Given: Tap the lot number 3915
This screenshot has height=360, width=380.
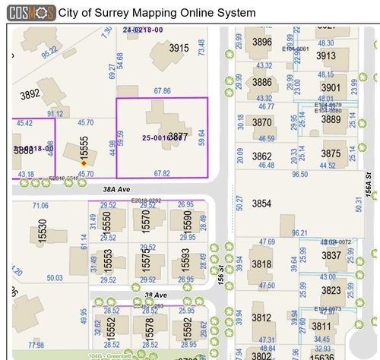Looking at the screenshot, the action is [179, 48].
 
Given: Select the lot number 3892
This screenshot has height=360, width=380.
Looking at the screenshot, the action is [30, 95].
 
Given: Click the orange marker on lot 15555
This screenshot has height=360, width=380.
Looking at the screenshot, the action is [84, 163].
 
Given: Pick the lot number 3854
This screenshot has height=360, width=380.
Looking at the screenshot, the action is [261, 204].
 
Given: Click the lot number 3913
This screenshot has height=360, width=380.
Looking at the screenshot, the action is [325, 55].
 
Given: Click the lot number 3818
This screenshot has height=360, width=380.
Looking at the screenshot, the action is [261, 264].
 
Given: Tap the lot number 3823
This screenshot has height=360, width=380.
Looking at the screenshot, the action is [331, 291].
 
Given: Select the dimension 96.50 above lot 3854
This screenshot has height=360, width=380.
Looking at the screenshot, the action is [300, 174].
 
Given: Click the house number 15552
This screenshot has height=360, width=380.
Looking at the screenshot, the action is [111, 328].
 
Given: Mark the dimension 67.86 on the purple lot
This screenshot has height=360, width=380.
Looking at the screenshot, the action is [161, 91].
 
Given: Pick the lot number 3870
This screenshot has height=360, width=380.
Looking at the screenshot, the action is [261, 122].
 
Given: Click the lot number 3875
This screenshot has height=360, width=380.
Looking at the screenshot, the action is [331, 153].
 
